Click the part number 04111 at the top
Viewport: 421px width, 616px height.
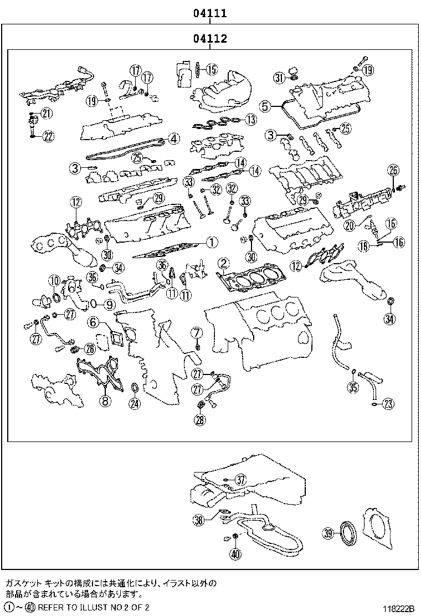coord(210,13)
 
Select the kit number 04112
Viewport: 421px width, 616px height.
coord(210,39)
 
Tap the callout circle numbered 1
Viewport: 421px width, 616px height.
coord(211,242)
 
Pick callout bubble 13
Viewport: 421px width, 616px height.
coord(251,119)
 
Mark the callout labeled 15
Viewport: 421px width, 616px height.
coord(212,69)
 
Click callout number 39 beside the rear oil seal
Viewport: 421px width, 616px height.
coord(328,533)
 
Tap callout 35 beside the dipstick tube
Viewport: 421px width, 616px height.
coord(353,387)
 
